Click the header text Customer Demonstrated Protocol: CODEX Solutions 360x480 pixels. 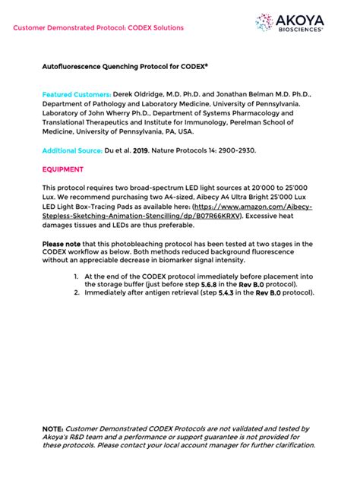[x=97, y=27]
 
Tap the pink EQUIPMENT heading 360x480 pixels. [x=63, y=169]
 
